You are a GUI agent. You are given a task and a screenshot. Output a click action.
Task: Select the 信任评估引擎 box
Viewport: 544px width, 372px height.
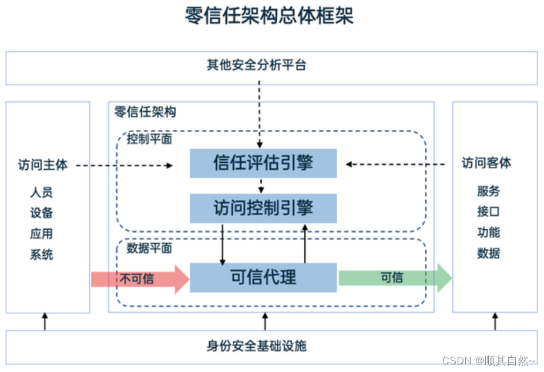tap(263, 163)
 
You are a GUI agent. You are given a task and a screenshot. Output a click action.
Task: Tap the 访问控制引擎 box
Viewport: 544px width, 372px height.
tap(263, 208)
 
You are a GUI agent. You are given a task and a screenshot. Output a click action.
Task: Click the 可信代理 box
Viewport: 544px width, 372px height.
tap(263, 277)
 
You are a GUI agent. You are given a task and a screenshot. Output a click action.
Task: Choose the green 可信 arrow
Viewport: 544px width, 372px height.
tap(394, 278)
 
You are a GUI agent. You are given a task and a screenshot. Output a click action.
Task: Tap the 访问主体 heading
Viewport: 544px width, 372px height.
tap(43, 165)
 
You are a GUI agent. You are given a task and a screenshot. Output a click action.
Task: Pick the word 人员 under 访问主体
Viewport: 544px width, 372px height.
tap(42, 192)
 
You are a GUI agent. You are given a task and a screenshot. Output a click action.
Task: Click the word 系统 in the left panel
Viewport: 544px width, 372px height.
tap(42, 254)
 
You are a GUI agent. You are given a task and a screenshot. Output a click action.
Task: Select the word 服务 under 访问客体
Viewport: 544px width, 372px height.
tap(488, 191)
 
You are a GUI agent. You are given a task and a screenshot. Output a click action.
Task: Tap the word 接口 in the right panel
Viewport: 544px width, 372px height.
tap(488, 212)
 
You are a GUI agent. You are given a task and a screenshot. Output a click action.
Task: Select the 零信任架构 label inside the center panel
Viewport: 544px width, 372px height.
tap(145, 112)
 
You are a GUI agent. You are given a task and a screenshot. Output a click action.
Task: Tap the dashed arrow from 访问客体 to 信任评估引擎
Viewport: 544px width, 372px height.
tap(399, 165)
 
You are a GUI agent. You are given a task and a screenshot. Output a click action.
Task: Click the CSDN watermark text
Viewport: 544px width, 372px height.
tap(488, 360)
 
